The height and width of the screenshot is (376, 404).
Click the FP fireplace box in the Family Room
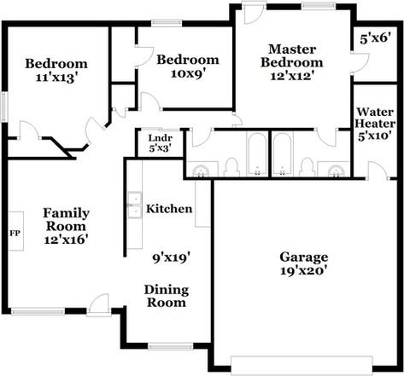pyautogui.click(x=15, y=232)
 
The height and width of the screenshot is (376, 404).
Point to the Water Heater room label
pyautogui.click(x=373, y=123)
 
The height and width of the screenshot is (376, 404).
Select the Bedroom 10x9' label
pyautogui.click(x=187, y=67)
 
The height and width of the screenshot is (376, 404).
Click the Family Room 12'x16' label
pyautogui.click(x=65, y=226)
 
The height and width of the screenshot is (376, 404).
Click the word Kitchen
pyautogui.click(x=168, y=209)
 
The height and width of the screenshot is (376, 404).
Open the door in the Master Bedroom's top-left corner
pyautogui.click(x=254, y=14)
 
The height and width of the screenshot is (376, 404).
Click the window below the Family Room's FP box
pyautogui.click(x=36, y=309)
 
